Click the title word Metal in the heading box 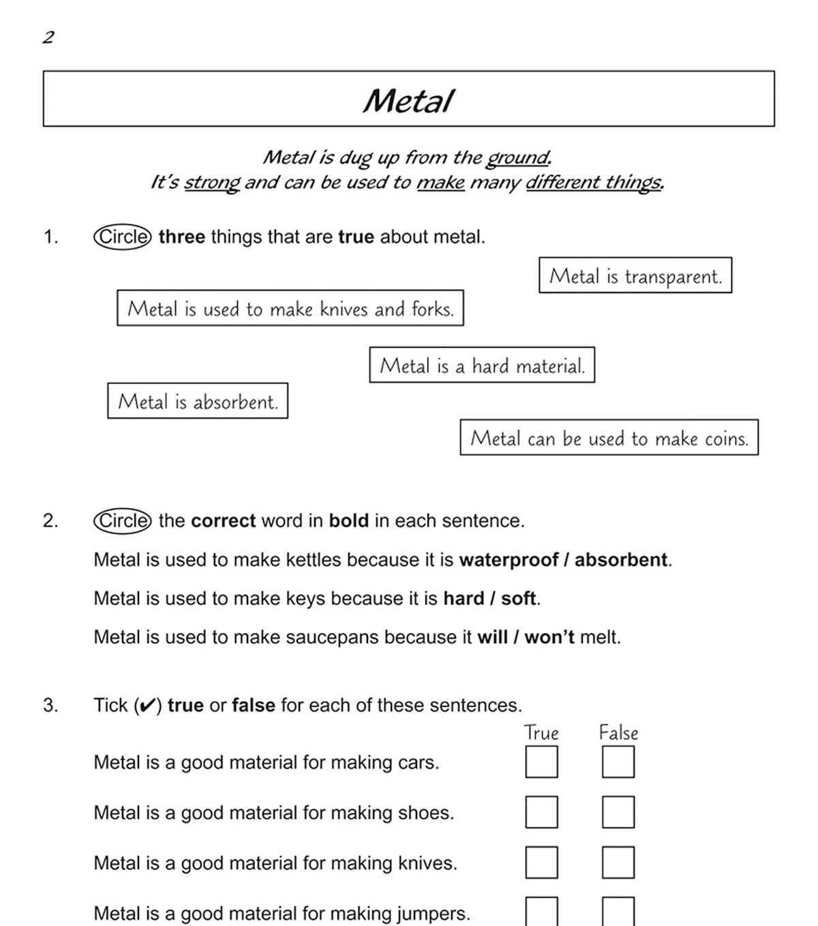click(408, 101)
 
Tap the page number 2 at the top click(48, 37)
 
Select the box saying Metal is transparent click(635, 275)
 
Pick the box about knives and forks click(290, 308)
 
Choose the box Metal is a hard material click(482, 365)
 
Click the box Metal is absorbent click(198, 401)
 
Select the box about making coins click(609, 437)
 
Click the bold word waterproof click(508, 560)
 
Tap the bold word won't click(549, 638)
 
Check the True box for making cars click(541, 762)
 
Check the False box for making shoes click(618, 812)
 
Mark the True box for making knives click(541, 863)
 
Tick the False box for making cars click(618, 762)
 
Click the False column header click(618, 733)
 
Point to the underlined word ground click(517, 158)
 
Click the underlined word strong click(212, 183)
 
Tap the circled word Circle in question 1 click(123, 237)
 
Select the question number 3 click(50, 705)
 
